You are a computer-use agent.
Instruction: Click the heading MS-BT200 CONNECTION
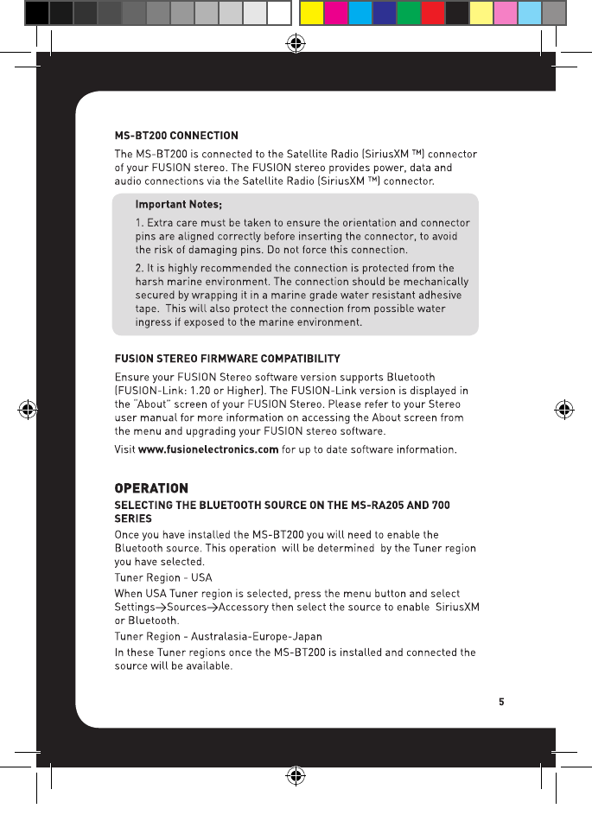[x=176, y=135]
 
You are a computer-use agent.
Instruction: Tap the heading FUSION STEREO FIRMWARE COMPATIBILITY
[x=227, y=358]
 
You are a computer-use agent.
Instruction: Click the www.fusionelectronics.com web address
[x=208, y=449]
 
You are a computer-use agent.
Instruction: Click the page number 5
[x=500, y=701]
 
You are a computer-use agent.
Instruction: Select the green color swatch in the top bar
[x=408, y=13]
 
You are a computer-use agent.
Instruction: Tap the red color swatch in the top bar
[x=432, y=13]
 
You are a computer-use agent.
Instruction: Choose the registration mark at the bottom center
[x=296, y=774]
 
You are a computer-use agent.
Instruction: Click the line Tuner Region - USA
[x=163, y=576]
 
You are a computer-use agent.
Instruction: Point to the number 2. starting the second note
[x=140, y=267]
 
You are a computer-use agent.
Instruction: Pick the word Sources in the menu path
[x=186, y=607]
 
